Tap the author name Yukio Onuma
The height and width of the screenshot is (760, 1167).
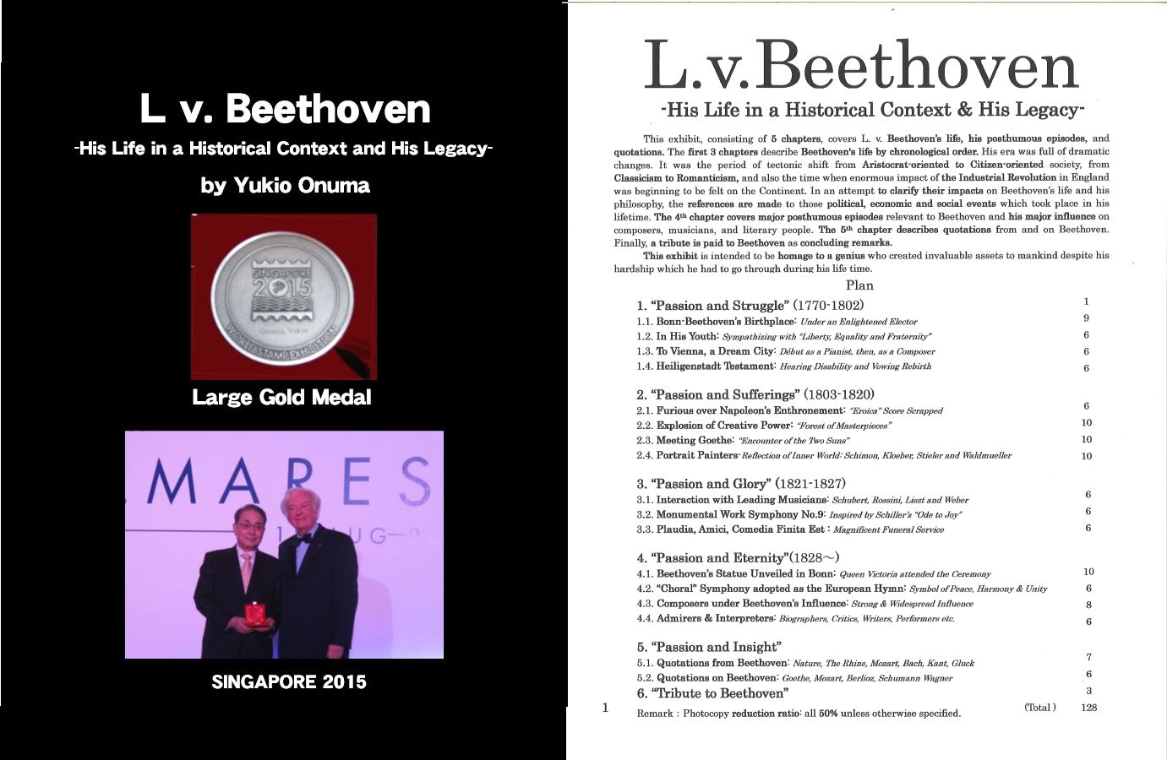[285, 185]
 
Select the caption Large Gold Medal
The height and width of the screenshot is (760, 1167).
[281, 397]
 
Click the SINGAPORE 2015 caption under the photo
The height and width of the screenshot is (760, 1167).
[289, 681]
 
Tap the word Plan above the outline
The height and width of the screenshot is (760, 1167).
[859, 285]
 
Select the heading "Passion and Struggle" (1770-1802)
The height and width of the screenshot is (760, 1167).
[750, 305]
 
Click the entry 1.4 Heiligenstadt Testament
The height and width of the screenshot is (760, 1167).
[783, 366]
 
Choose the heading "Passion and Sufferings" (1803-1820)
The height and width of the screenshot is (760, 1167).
[755, 394]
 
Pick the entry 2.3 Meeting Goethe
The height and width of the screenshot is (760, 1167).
[743, 440]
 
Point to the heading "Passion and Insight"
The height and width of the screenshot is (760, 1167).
[707, 647]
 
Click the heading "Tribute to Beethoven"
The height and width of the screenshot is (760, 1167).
[712, 693]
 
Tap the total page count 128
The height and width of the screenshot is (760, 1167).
[1088, 708]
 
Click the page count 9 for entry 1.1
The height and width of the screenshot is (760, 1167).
[1086, 318]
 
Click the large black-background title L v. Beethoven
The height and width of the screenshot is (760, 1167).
[285, 110]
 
